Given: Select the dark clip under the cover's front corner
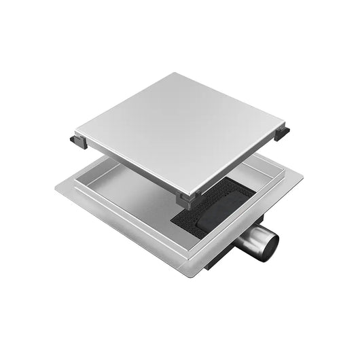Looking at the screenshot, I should pos(186,198).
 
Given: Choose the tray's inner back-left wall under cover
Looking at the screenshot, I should pos(102,170).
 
